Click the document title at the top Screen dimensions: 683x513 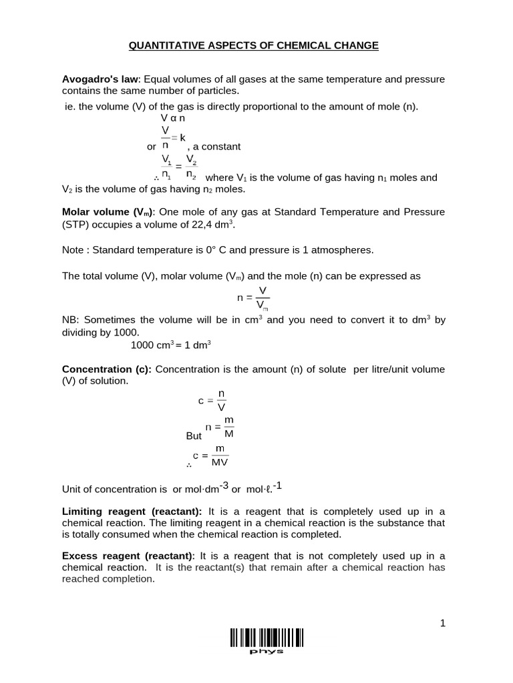click(x=253, y=45)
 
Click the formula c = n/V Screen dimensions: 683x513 click(x=212, y=400)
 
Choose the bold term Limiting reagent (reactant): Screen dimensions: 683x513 click(x=133, y=512)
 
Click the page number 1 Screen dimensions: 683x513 click(x=442, y=623)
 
